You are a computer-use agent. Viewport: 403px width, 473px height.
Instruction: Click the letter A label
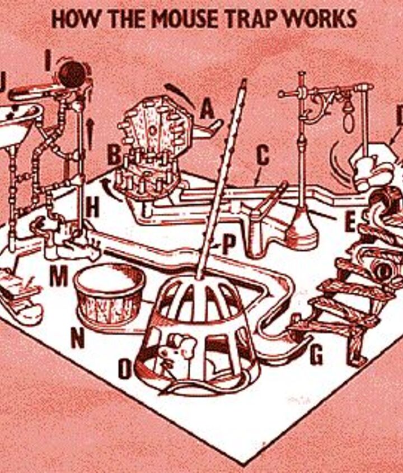click(207, 110)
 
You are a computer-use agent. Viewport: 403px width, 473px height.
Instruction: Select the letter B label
click(114, 156)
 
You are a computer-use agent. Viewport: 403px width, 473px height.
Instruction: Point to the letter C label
click(263, 156)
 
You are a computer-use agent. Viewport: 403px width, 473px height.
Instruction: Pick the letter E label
click(350, 223)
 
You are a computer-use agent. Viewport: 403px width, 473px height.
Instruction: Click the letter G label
click(316, 355)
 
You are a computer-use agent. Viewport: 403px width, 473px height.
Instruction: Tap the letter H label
click(92, 209)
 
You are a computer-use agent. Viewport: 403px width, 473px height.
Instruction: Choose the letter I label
click(48, 60)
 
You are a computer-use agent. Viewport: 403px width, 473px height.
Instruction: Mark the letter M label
click(59, 277)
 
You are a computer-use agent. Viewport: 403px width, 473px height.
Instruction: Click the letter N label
click(78, 338)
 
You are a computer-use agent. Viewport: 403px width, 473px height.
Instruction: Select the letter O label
click(125, 369)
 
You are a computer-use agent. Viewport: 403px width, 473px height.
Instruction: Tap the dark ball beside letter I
click(73, 74)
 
